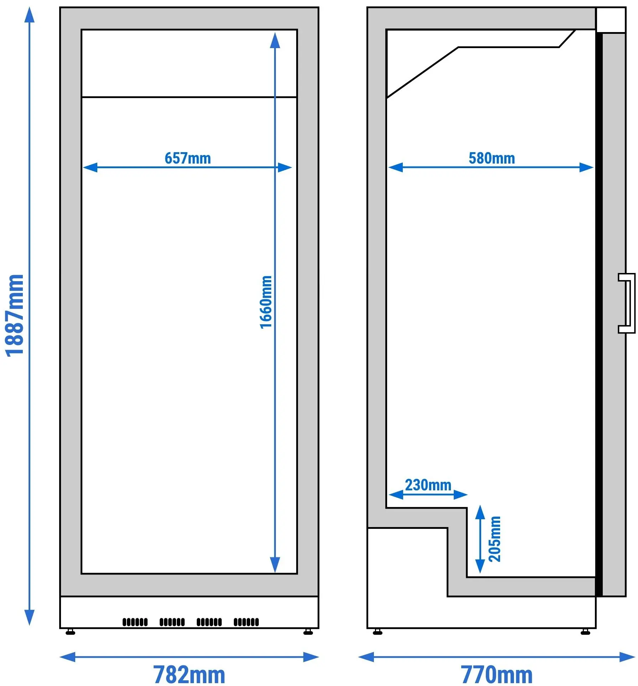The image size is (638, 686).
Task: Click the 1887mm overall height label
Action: (x=15, y=316)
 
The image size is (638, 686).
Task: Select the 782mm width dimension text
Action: (x=189, y=674)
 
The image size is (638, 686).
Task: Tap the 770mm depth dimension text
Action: (x=496, y=674)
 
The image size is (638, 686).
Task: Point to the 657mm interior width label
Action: (x=188, y=158)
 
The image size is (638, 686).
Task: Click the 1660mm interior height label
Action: (x=266, y=302)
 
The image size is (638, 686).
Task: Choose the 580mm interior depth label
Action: (x=492, y=158)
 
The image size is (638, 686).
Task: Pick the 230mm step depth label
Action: (x=428, y=485)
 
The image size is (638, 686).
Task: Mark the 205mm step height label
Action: (x=495, y=539)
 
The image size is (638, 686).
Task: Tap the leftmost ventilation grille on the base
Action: (x=135, y=622)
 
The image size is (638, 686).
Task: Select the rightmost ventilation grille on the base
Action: (x=246, y=622)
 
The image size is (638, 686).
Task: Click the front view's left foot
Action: (x=71, y=633)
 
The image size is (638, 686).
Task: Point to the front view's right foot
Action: (x=308, y=633)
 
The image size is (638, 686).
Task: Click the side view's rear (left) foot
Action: (x=377, y=633)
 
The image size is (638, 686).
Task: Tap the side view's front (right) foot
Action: (x=585, y=633)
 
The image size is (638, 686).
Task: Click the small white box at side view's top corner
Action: (x=611, y=20)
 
